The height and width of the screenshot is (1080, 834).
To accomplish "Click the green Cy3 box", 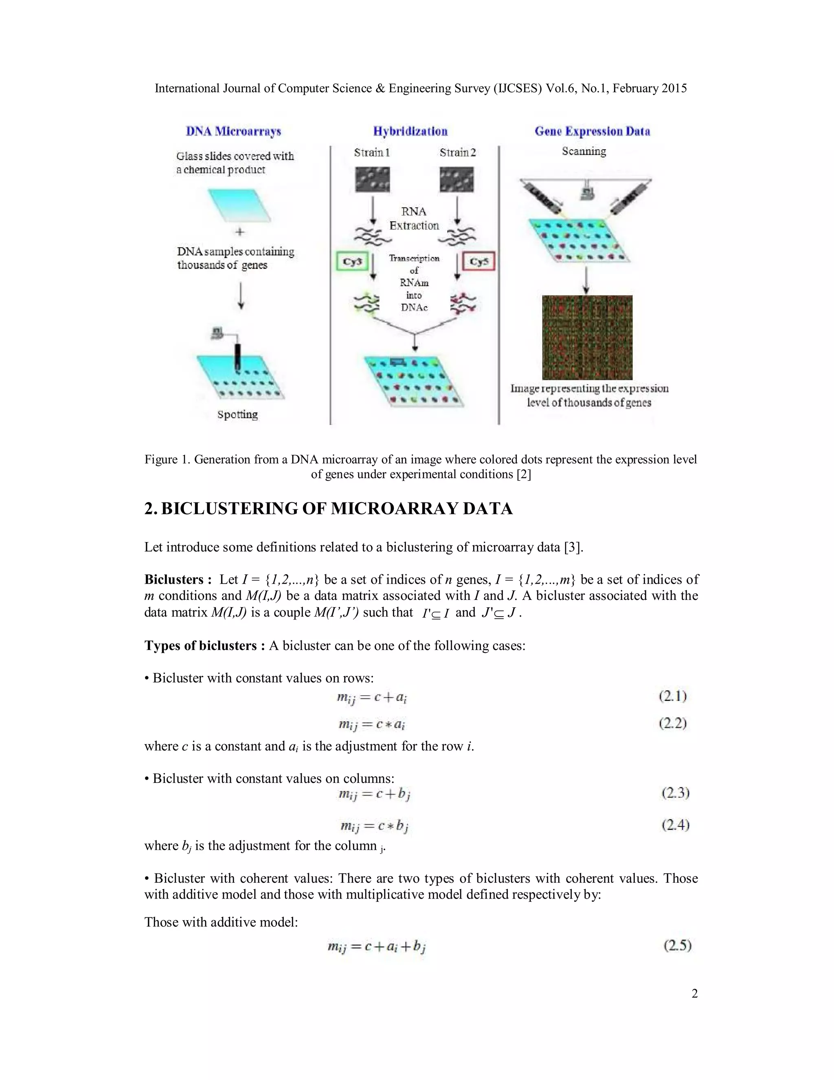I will [352, 262].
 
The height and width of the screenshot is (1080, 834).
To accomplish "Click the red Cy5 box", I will [478, 262].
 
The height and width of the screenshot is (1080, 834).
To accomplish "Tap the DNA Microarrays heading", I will [233, 132].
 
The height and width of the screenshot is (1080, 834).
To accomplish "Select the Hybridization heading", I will [410, 132].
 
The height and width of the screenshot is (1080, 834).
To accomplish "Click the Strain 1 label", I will [371, 152].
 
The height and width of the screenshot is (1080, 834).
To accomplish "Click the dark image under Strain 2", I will [456, 179].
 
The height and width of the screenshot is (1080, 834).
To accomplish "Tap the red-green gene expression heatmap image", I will [587, 337].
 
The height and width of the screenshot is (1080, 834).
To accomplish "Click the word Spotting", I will [238, 414].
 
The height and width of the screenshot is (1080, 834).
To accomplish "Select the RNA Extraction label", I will [414, 218].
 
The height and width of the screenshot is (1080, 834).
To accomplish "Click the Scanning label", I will [584, 151].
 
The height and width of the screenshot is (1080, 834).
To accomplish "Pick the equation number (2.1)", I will [672, 697].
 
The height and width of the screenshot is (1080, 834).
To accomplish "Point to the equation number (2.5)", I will [677, 946].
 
